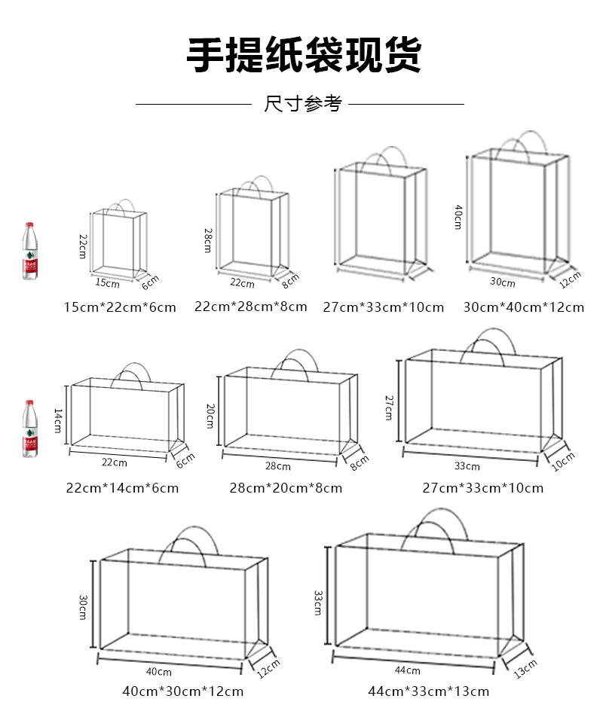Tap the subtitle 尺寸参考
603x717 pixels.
click(x=302, y=104)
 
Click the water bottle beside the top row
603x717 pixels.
click(x=29, y=251)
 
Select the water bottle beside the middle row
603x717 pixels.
click(x=29, y=429)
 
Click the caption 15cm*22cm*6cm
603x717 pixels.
click(x=120, y=307)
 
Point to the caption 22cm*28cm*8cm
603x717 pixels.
click(x=251, y=307)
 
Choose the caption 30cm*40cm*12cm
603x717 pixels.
click(x=523, y=307)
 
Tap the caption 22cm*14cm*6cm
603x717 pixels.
click(x=122, y=488)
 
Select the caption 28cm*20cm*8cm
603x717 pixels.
click(x=286, y=488)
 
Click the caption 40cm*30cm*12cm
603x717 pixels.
click(x=183, y=691)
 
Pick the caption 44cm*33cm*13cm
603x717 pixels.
click(x=428, y=691)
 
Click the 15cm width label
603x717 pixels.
click(x=107, y=284)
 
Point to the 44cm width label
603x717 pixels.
click(x=407, y=670)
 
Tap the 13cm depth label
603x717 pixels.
click(x=525, y=669)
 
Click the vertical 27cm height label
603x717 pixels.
click(x=390, y=407)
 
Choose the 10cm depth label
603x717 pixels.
click(x=562, y=461)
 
